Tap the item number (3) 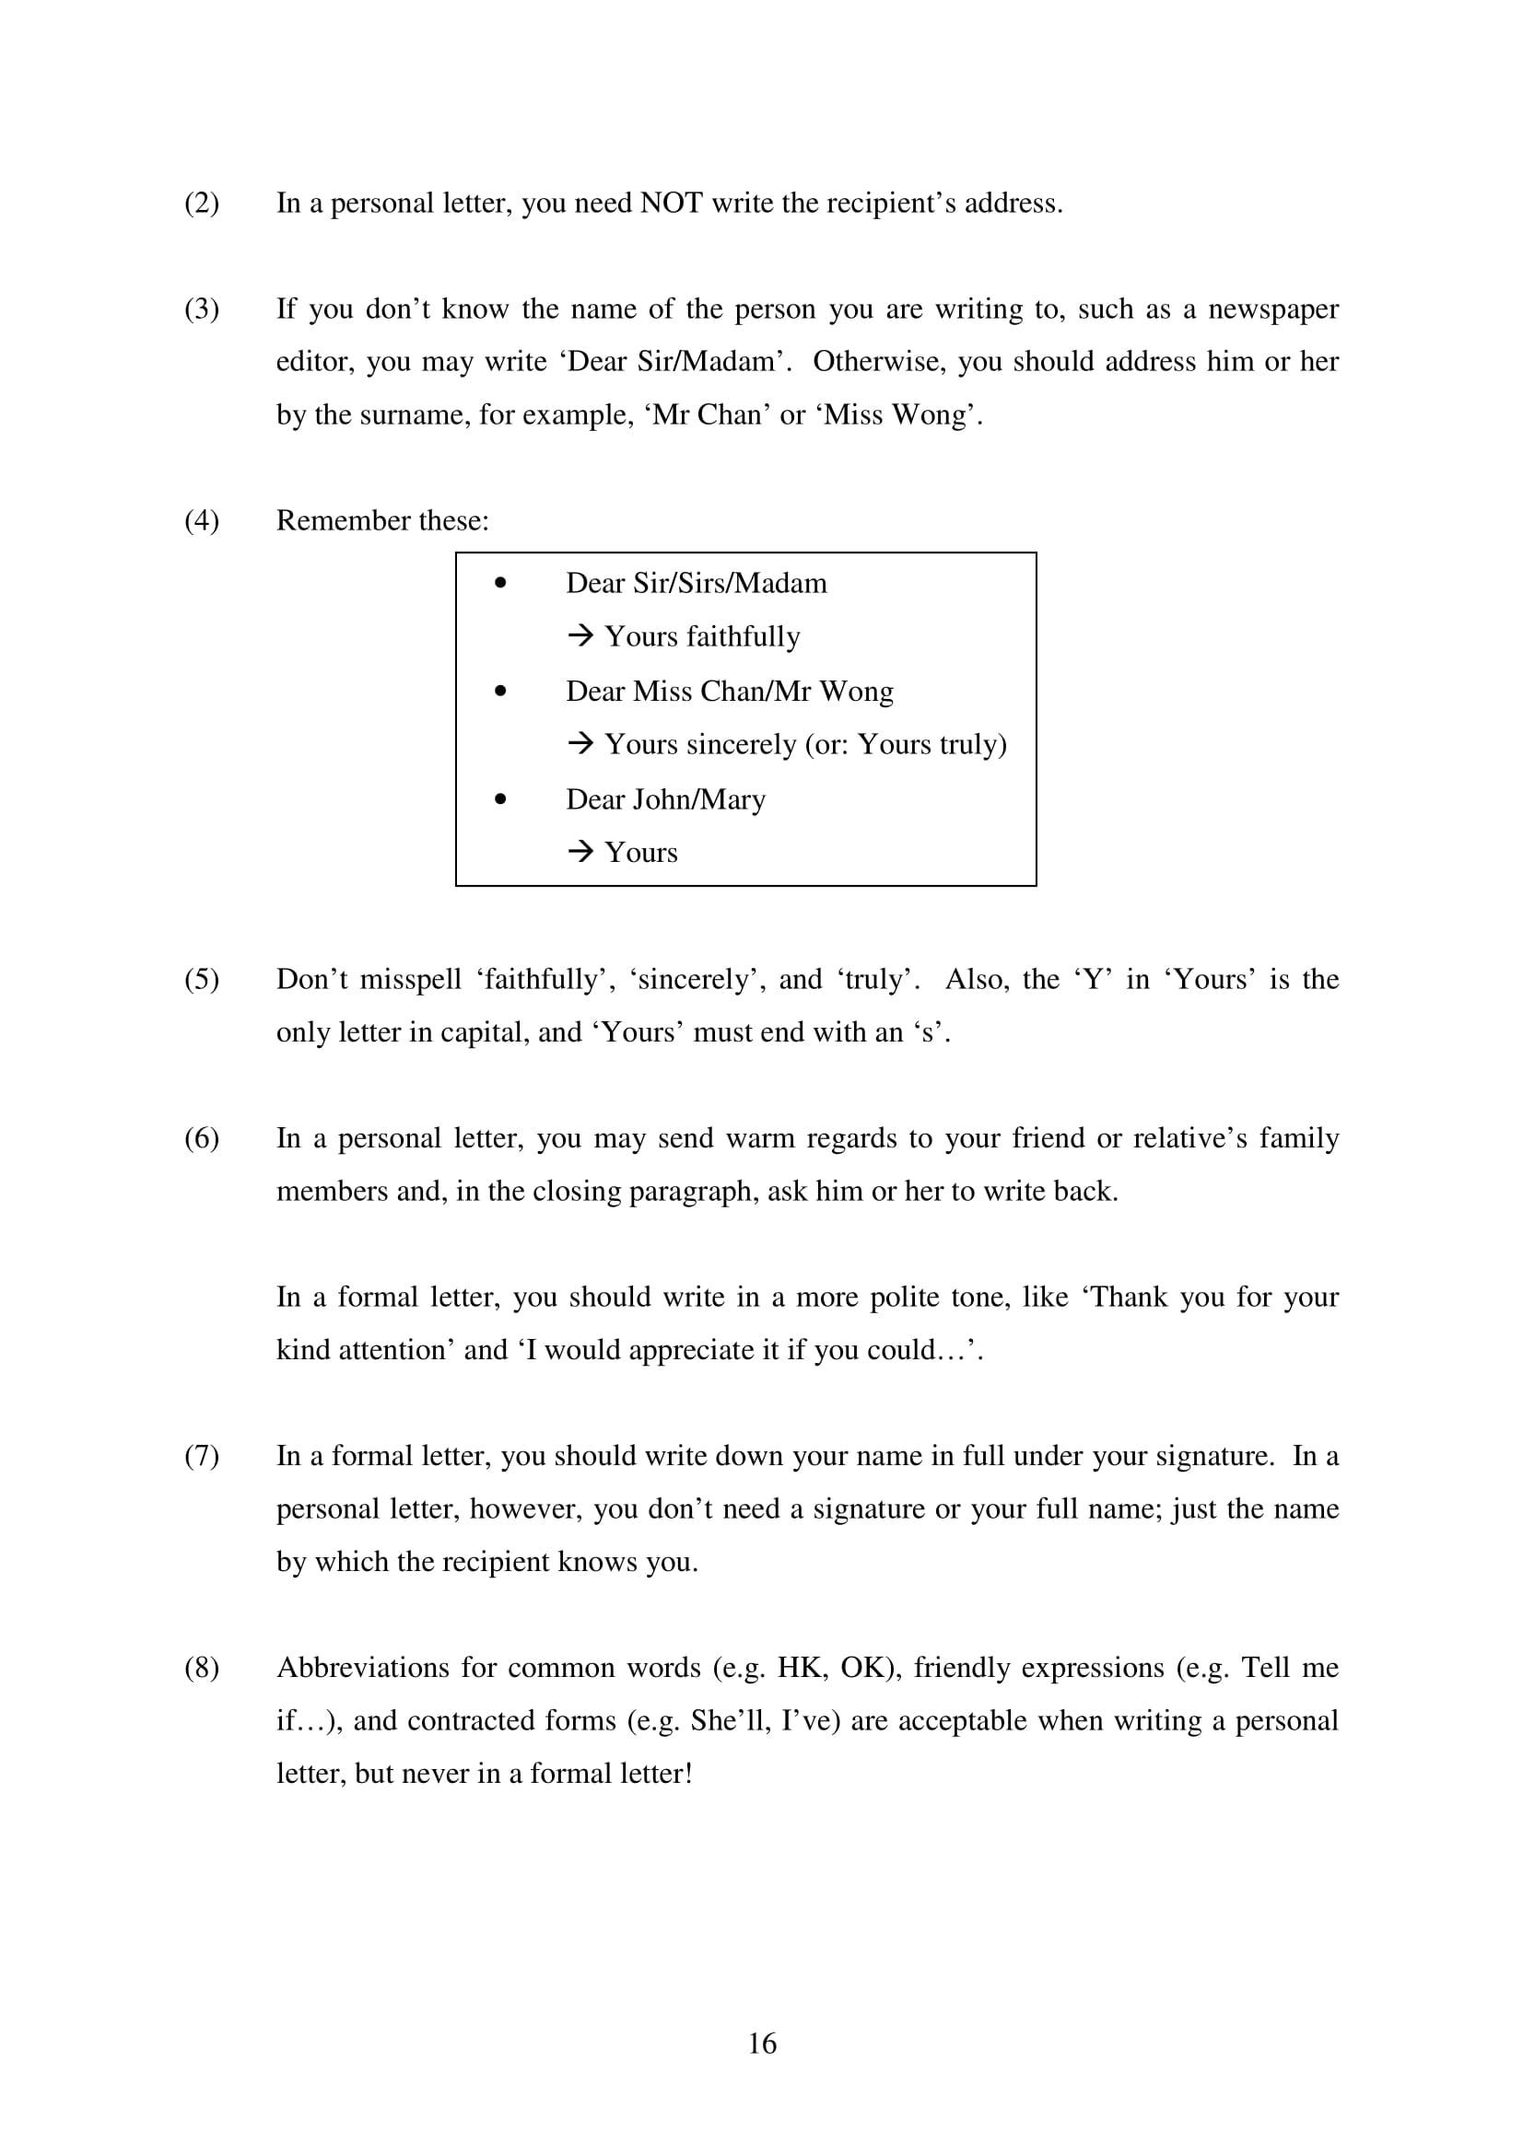tap(202, 309)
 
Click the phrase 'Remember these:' tap(382, 520)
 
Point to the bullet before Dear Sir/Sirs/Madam tap(500, 584)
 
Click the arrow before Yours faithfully tap(580, 637)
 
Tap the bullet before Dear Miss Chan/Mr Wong tap(500, 692)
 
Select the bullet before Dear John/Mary tap(500, 799)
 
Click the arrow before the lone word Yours tap(580, 853)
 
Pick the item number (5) tap(202, 980)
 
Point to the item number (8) tap(202, 1668)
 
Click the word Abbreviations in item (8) tap(360, 1668)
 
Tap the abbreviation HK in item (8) tap(799, 1668)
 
